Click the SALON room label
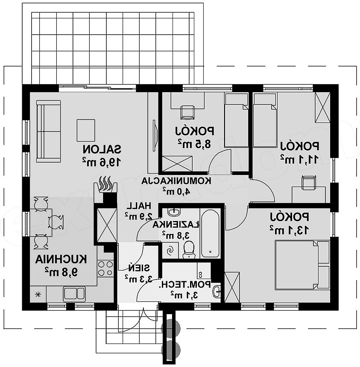(102, 149)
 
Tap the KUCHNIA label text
(61, 259)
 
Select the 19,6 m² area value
(102, 161)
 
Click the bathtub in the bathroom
(210, 233)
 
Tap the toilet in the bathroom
(189, 250)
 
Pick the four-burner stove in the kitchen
(105, 268)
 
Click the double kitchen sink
(74, 294)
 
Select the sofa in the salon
(49, 131)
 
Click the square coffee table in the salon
(86, 130)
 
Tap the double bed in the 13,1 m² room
(302, 265)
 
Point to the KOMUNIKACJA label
(176, 181)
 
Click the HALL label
(139, 206)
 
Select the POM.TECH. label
(185, 285)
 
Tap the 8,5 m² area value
(194, 143)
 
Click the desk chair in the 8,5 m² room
(187, 112)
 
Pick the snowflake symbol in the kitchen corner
(37, 294)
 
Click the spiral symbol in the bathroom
(170, 250)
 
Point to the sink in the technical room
(217, 291)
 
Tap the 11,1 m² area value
(299, 159)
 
